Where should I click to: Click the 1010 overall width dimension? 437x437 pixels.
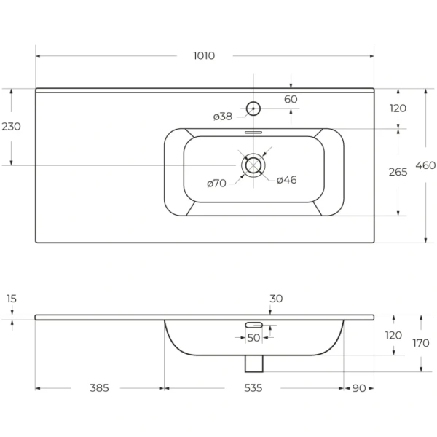pyautogui.click(x=204, y=56)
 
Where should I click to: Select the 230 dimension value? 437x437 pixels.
pyautogui.click(x=12, y=127)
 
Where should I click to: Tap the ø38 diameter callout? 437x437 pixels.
pyautogui.click(x=223, y=117)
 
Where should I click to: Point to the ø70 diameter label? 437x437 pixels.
pyautogui.click(x=216, y=184)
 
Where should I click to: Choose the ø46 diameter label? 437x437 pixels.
pyautogui.click(x=286, y=180)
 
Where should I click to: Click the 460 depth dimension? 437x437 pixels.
pyautogui.click(x=425, y=165)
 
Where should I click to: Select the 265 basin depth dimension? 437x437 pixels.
pyautogui.click(x=398, y=172)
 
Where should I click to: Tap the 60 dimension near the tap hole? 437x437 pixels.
pyautogui.click(x=291, y=99)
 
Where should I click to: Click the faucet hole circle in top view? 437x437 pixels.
pyautogui.click(x=253, y=109)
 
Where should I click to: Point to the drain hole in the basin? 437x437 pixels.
pyautogui.click(x=253, y=165)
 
